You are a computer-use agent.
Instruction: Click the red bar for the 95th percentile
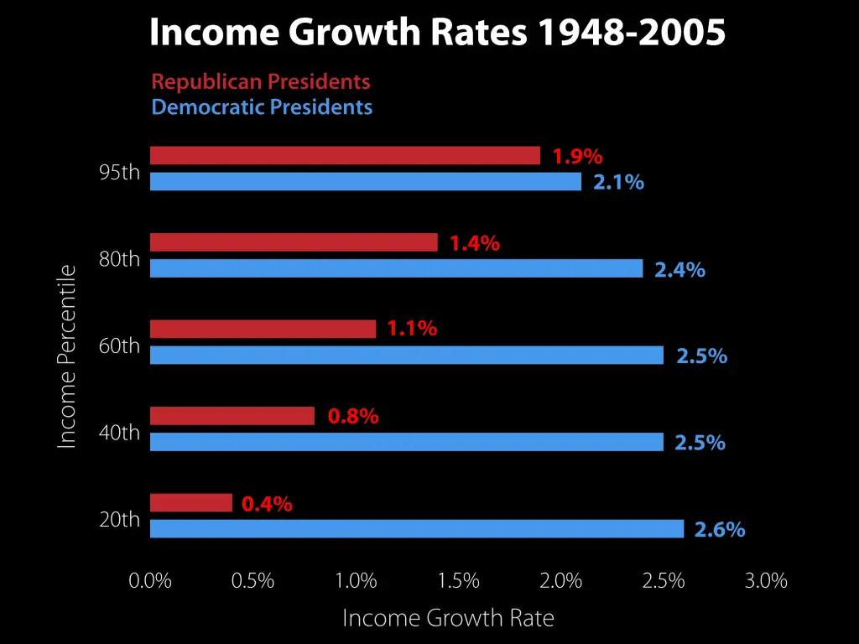(345, 155)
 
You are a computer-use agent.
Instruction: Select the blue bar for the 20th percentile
(417, 528)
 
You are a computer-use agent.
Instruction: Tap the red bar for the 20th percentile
(191, 502)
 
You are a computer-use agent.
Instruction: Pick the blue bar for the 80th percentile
(396, 268)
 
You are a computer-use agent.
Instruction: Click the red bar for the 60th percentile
(263, 329)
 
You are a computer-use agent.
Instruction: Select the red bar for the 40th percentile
(232, 416)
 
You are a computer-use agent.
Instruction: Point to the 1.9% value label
(577, 156)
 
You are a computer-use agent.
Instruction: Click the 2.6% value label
(720, 530)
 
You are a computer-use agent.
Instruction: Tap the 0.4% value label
(267, 504)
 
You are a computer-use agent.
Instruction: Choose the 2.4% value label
(679, 270)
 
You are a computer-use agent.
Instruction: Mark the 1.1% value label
(412, 330)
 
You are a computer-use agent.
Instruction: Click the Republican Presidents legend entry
(261, 81)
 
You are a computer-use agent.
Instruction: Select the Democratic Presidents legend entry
(262, 107)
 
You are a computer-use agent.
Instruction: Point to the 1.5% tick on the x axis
(458, 581)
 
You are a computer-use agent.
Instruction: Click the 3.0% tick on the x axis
(766, 581)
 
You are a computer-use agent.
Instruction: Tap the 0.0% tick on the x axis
(150, 581)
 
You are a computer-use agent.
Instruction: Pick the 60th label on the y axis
(119, 345)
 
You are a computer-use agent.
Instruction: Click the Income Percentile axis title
(66, 356)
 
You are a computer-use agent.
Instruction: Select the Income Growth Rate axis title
(448, 619)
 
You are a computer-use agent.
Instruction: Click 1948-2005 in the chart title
(631, 34)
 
